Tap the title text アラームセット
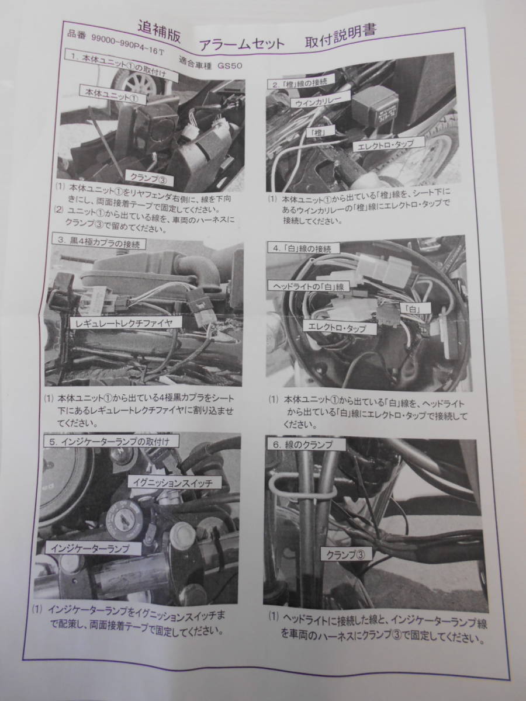[242, 44]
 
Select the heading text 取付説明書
[341, 37]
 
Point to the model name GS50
[229, 65]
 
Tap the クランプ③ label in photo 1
[149, 179]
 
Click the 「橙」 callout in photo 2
[317, 132]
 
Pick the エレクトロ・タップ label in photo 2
[389, 145]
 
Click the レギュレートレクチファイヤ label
[124, 323]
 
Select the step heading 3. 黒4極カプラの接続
[99, 244]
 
